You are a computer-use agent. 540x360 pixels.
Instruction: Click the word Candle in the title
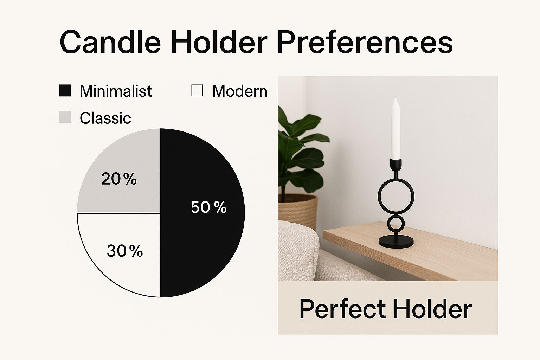pos(110,42)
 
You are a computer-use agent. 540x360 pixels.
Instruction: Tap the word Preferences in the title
pos(365,42)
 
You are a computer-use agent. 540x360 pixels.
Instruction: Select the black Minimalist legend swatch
pos(65,91)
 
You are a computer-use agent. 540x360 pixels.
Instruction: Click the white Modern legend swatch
pos(197,91)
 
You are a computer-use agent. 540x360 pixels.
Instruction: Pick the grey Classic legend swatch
pos(65,117)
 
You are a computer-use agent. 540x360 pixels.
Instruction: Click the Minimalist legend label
pos(116,91)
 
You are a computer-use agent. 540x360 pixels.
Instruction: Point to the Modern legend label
pos(240,91)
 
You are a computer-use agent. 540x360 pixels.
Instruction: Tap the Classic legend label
pos(105,118)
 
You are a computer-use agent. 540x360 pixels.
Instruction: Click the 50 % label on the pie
pos(209,207)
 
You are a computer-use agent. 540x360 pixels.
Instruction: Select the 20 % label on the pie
pos(119,179)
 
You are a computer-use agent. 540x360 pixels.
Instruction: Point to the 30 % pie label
pos(125,251)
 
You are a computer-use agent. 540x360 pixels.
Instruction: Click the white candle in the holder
pos(396,129)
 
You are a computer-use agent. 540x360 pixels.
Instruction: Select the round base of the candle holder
pos(396,242)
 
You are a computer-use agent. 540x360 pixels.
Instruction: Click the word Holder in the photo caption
pos(432,309)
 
